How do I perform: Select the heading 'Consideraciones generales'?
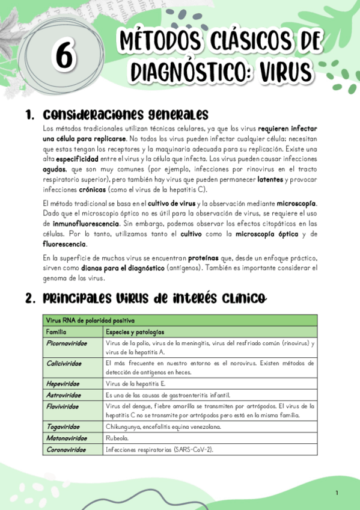(126, 114)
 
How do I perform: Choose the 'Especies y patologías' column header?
(135, 331)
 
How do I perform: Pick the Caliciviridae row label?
(64, 363)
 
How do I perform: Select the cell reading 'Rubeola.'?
(117, 438)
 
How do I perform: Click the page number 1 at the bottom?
(337, 493)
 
